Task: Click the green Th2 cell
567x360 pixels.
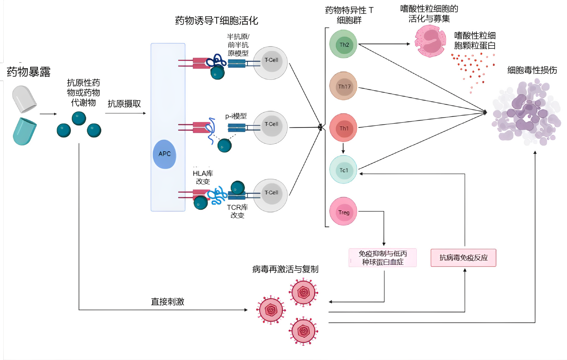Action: (x=343, y=44)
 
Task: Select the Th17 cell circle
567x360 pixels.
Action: (x=343, y=86)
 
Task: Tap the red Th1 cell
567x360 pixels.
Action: (x=343, y=128)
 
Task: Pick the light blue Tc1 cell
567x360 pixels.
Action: (x=343, y=170)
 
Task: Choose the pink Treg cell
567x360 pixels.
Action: (x=343, y=212)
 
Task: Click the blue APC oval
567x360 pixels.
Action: (x=164, y=154)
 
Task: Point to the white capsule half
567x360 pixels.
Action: (x=24, y=99)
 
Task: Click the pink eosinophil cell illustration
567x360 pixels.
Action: (x=430, y=41)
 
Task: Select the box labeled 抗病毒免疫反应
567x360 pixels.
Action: (x=463, y=258)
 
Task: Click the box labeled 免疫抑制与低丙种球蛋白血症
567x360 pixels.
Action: (x=383, y=258)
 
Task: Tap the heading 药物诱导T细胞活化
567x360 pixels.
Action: (x=216, y=21)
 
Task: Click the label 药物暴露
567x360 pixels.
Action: (x=29, y=72)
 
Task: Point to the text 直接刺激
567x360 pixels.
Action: (x=168, y=301)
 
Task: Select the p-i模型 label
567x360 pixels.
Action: (x=236, y=116)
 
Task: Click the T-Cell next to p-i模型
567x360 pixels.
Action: (x=271, y=127)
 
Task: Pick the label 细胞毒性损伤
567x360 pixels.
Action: (x=532, y=70)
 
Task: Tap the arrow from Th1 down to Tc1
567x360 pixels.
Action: (x=343, y=148)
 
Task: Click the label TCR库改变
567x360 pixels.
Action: (x=237, y=211)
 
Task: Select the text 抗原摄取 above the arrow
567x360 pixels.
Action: (x=124, y=104)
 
